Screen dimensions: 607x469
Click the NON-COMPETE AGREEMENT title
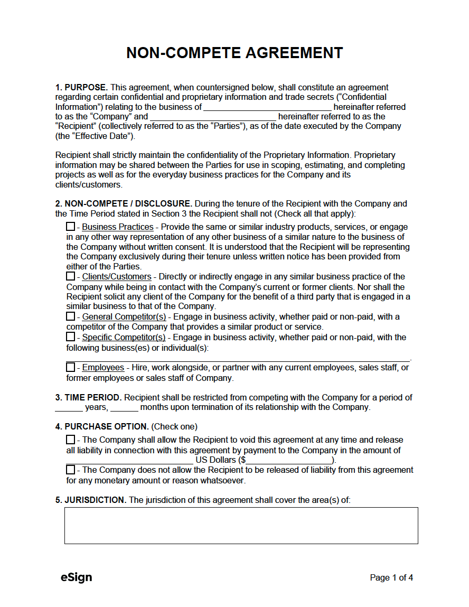click(234, 53)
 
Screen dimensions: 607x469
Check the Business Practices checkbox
click(70, 227)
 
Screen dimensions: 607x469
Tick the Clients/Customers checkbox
click(70, 276)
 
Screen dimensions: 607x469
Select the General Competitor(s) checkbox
click(70, 316)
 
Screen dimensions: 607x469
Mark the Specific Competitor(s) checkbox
click(70, 337)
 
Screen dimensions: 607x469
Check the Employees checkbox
click(70, 367)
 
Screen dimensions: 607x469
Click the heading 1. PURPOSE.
click(82, 87)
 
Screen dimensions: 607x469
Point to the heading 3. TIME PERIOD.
click(89, 397)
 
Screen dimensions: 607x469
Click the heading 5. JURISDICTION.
click(91, 500)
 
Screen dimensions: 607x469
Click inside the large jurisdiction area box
click(241, 525)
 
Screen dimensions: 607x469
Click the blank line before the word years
click(69, 407)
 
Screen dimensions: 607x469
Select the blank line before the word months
click(124, 407)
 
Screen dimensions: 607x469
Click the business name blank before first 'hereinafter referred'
click(267, 107)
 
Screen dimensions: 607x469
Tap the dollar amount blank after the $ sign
click(289, 460)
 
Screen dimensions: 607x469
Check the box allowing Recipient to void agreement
click(70, 440)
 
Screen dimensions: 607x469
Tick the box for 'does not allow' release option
click(70, 470)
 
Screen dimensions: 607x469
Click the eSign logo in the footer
click(76, 577)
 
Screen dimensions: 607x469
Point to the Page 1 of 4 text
click(391, 577)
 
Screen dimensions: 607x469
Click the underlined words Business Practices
click(117, 227)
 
